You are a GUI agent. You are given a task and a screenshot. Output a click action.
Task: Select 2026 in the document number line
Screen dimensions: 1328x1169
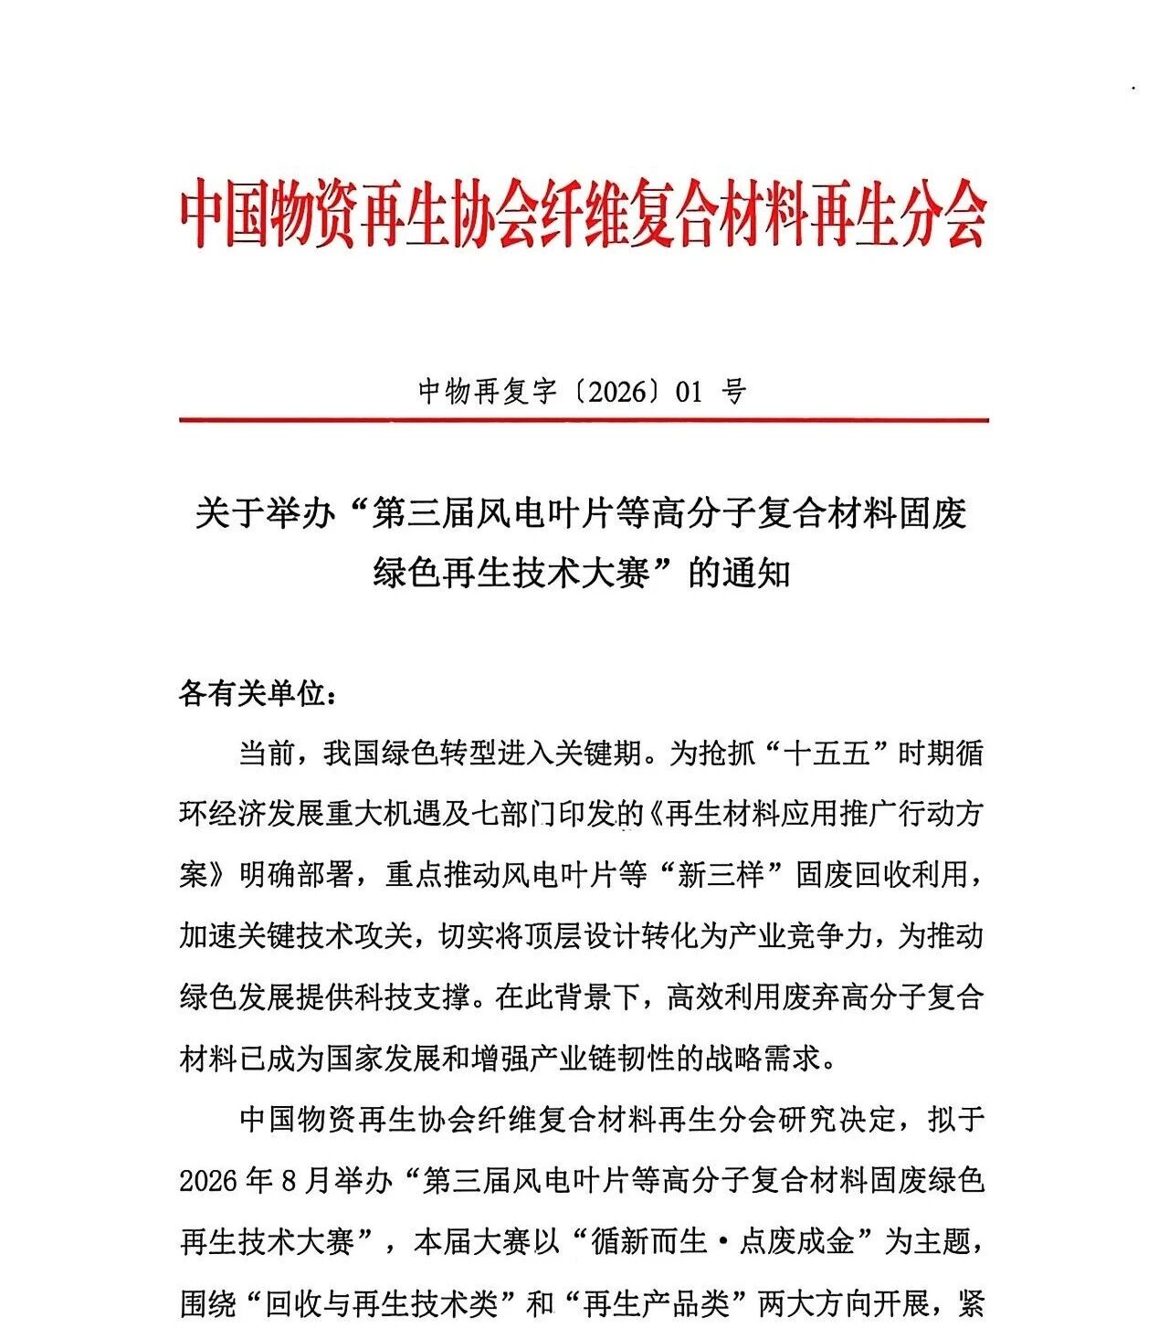click(x=611, y=392)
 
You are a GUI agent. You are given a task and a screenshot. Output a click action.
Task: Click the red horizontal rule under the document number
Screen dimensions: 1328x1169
click(x=584, y=420)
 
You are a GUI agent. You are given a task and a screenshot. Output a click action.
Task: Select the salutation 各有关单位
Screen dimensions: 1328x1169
click(x=251, y=694)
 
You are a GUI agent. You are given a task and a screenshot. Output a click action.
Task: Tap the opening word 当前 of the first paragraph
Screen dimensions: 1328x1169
click(x=267, y=754)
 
